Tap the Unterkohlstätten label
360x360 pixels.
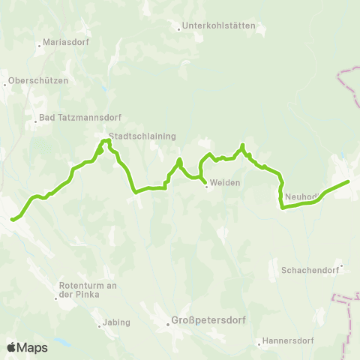pos(220,25)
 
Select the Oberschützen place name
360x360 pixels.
pos(37,81)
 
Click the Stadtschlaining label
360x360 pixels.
pos(142,136)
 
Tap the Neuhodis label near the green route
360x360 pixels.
pos(301,196)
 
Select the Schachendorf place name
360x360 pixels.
pos(310,269)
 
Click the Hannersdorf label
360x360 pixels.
pos(286,343)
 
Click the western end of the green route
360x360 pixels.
pos(12,220)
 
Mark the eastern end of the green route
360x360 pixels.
pos(348,181)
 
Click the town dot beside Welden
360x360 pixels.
pos(206,186)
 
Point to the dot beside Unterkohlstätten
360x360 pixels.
pos(178,30)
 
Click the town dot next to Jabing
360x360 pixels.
pos(99,325)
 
